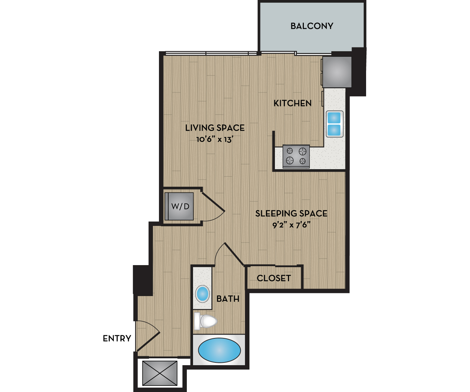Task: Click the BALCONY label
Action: pos(312,26)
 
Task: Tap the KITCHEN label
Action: pos(292,103)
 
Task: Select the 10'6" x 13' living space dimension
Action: pos(215,139)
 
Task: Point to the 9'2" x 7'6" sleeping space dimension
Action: pos(291,225)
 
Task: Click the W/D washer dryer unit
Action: pos(180,206)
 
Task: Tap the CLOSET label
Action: pos(274,278)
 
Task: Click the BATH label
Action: pos(228,299)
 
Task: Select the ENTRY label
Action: pos(117,338)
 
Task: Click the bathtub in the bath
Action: pos(219,350)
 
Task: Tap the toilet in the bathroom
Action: pos(206,322)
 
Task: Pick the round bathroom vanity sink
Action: pos(202,294)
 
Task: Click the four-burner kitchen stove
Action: pos(296,156)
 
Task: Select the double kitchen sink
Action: pos(334,124)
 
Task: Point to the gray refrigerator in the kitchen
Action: pos(337,72)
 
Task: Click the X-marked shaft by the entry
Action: pos(160,373)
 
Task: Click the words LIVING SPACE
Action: pos(215,128)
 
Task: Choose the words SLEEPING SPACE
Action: pos(291,214)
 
